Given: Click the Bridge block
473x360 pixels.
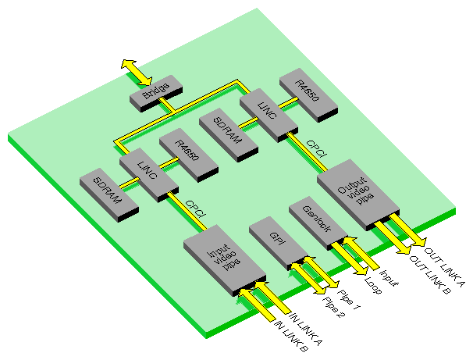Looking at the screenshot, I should coord(155,93).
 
